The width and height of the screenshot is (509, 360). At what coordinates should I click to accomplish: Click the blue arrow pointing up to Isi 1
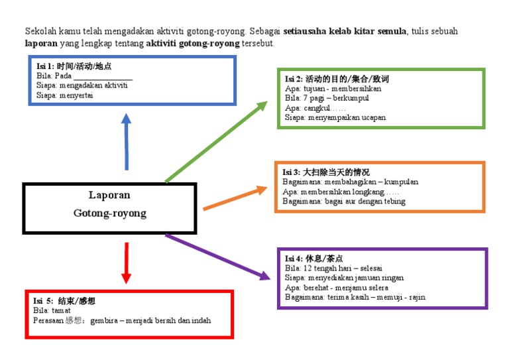point(126,142)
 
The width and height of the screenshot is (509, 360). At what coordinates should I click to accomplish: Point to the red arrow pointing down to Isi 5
point(126,263)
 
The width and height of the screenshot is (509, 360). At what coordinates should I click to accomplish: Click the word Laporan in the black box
point(109,195)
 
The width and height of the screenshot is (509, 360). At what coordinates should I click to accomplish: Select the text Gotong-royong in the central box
point(109,213)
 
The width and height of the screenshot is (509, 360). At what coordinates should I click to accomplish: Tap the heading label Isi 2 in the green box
point(294,79)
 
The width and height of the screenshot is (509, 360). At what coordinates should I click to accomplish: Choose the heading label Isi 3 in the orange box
point(291,172)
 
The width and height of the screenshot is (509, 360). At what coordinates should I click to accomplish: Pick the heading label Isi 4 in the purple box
point(294,259)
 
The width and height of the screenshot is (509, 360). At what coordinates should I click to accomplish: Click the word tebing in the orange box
point(393,201)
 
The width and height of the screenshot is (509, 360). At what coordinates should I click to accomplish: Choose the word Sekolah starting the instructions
point(38,31)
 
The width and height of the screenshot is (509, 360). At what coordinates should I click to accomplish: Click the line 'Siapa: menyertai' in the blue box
point(65,95)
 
